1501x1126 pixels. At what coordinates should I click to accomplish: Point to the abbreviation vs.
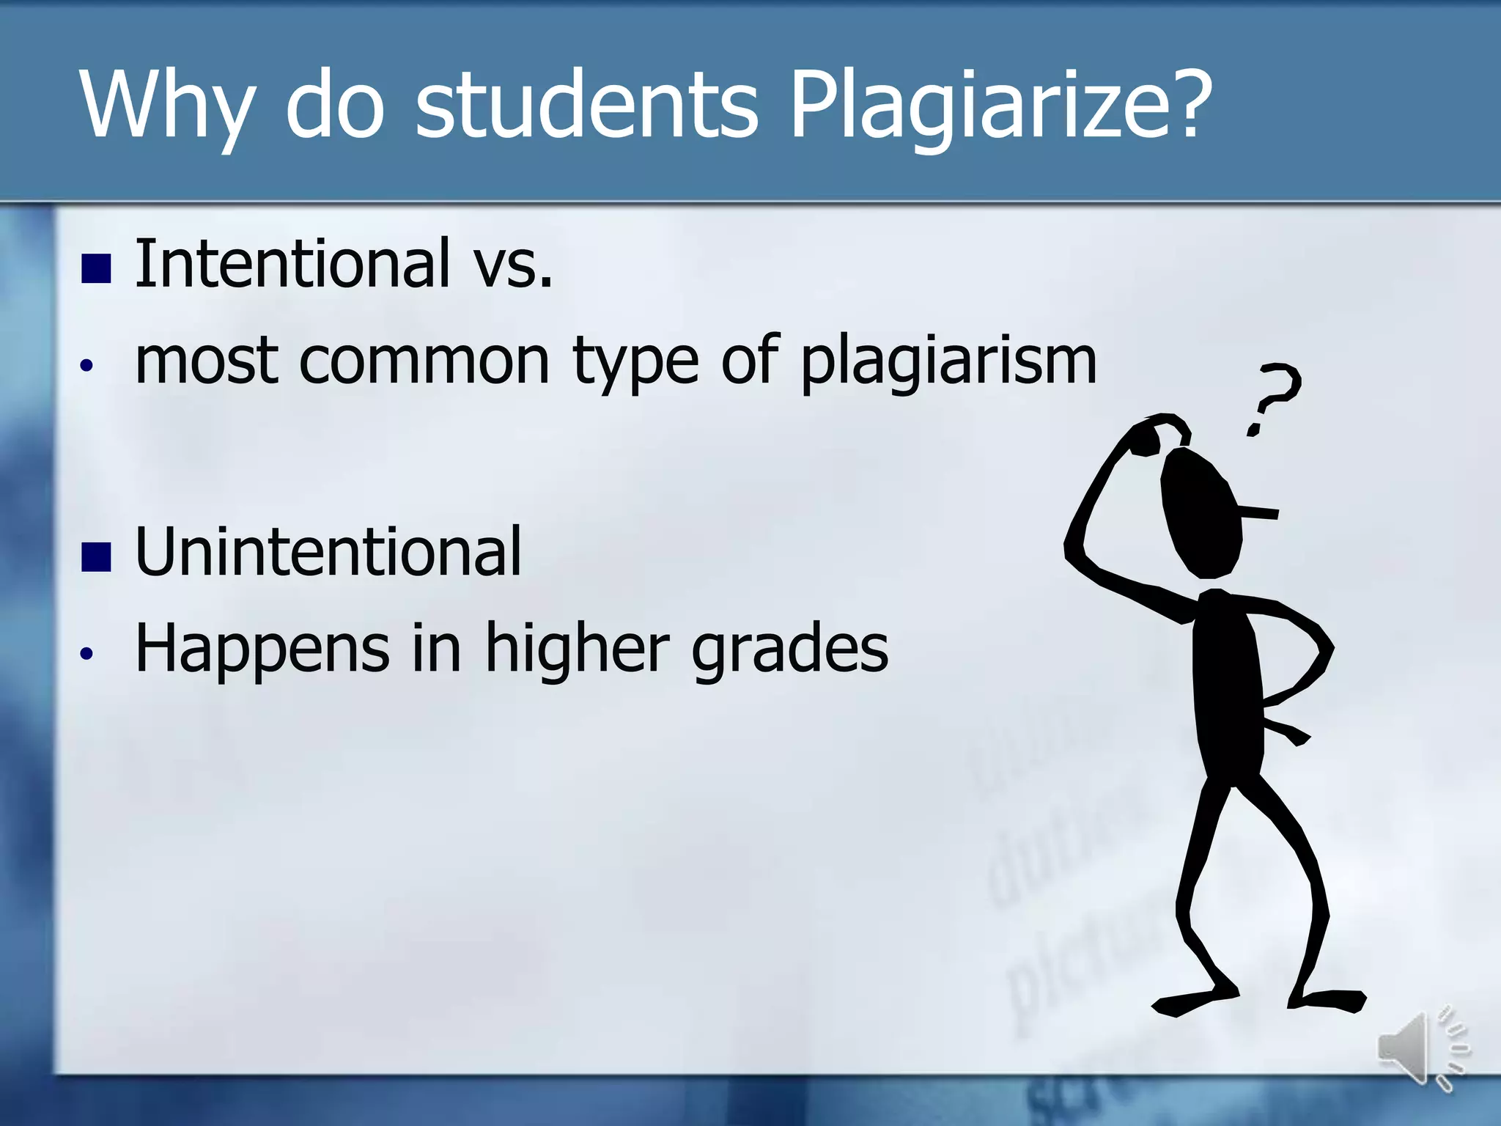[512, 265]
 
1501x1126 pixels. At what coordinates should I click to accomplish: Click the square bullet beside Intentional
[96, 268]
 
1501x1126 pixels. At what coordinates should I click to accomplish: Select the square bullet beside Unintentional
[96, 556]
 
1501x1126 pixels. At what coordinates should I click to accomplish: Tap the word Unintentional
[328, 551]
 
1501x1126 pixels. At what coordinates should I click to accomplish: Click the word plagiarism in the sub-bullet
[948, 361]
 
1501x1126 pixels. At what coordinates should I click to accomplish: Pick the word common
[424, 361]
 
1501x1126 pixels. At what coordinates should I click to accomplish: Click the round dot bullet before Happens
[87, 653]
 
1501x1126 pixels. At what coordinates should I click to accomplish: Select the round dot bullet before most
[87, 365]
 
